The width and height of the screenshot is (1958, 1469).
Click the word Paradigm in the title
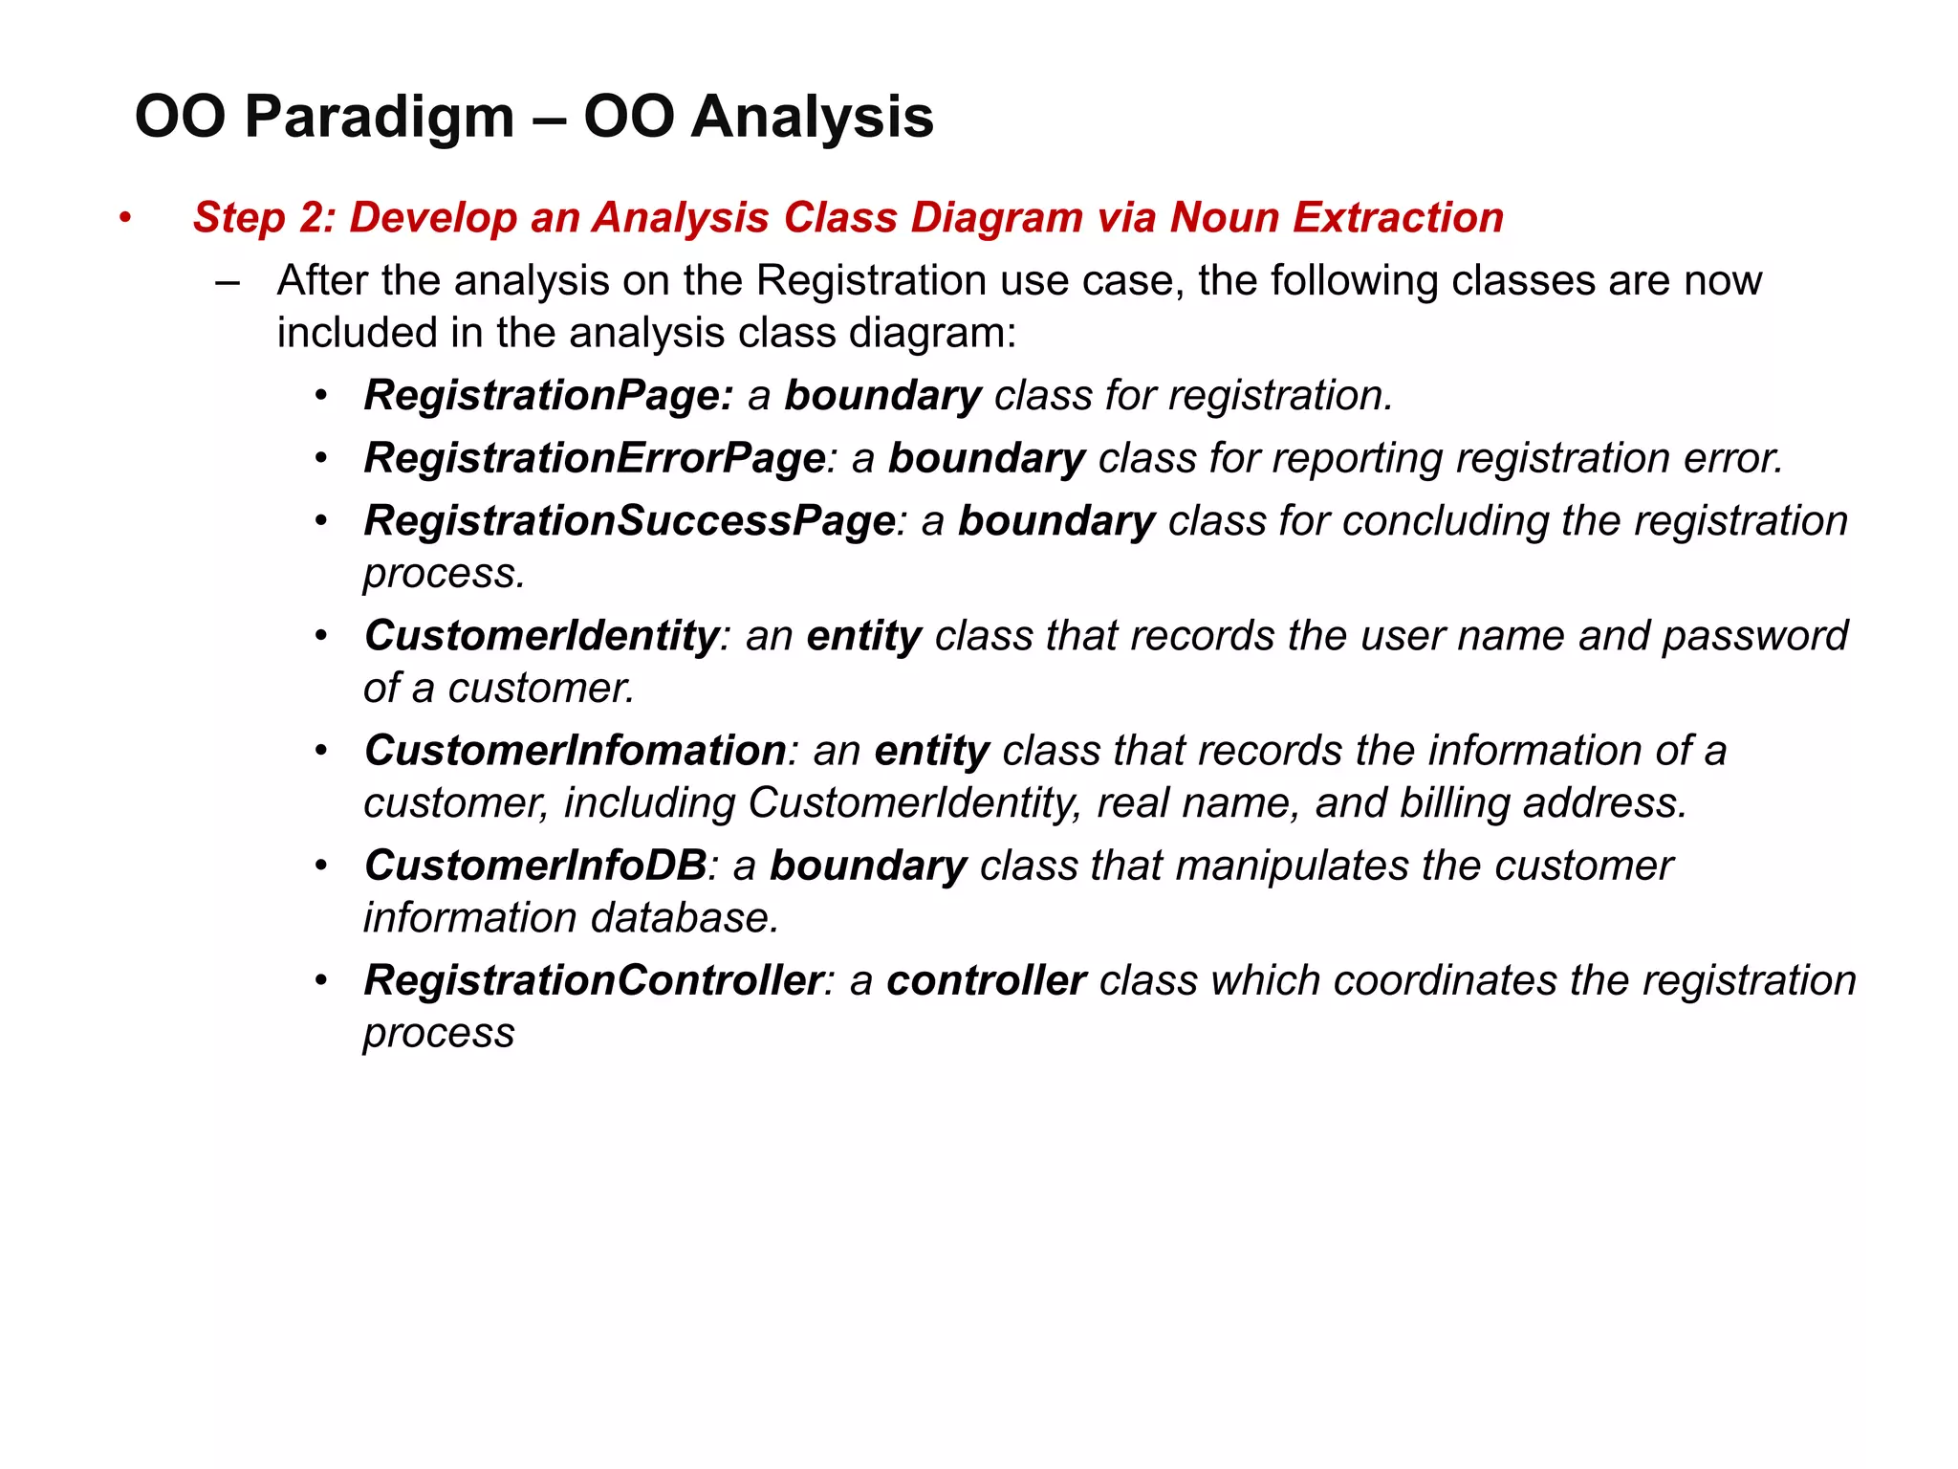pos(379,118)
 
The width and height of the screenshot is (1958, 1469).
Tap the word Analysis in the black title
pos(812,118)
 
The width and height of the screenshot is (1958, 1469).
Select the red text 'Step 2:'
pos(263,218)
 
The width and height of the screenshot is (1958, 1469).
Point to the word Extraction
pos(1399,218)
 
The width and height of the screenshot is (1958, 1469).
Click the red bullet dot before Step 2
pos(124,219)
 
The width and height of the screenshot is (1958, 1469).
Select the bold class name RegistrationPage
pos(548,396)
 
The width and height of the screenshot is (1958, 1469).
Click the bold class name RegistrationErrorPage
pos(594,458)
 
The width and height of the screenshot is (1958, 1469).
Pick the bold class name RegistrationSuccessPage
pos(629,521)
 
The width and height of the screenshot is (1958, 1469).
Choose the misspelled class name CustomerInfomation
pos(575,751)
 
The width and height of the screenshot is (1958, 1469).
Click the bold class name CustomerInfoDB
pos(535,866)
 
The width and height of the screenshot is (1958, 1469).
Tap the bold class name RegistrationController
pos(593,980)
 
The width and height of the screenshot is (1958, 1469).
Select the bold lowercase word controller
pos(986,980)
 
